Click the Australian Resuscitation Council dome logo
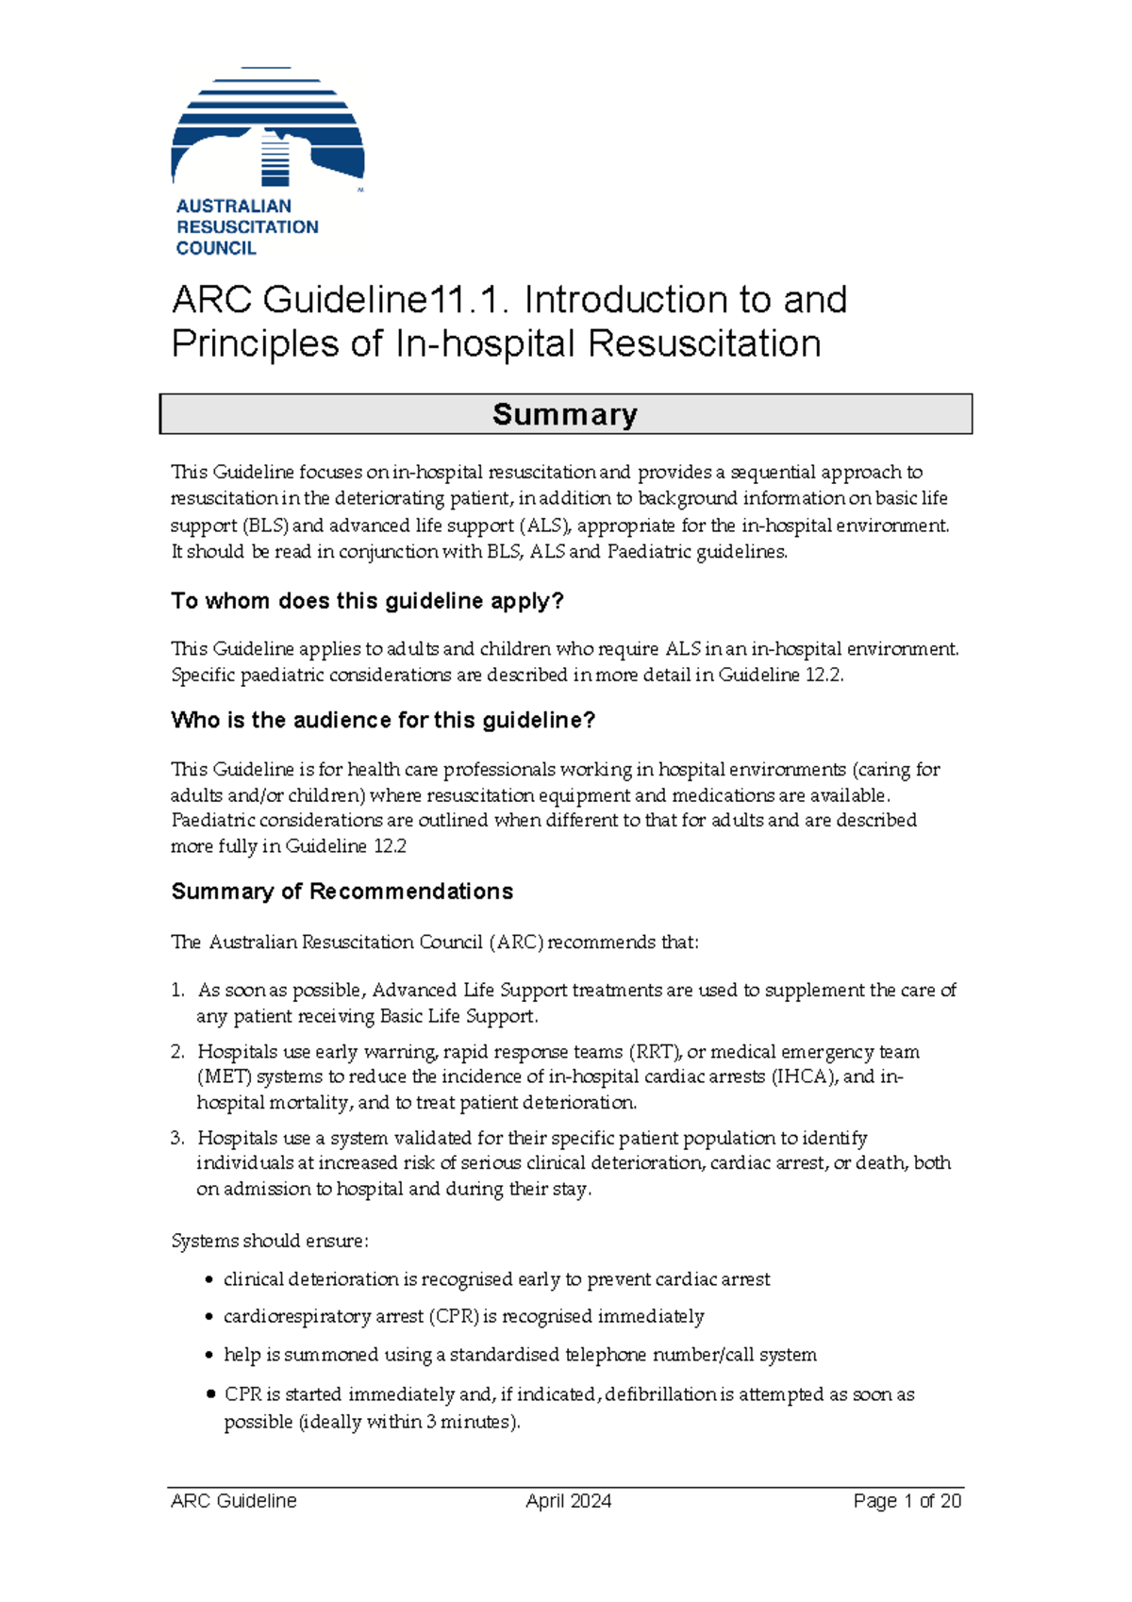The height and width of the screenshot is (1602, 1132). (x=268, y=127)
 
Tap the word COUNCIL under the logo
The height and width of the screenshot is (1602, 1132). (x=216, y=248)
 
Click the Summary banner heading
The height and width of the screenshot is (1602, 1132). (x=565, y=414)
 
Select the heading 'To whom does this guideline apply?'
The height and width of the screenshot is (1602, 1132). (x=367, y=601)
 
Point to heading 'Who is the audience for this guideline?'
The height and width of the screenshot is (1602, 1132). (x=383, y=720)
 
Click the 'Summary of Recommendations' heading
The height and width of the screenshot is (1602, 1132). (x=341, y=892)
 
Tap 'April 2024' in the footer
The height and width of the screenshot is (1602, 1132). (x=568, y=1501)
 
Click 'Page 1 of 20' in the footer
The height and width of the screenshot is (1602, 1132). (x=907, y=1501)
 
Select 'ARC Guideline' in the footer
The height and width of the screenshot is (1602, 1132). (x=234, y=1501)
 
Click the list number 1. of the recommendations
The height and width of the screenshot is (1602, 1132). (x=177, y=991)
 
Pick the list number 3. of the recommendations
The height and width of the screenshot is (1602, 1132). (x=177, y=1138)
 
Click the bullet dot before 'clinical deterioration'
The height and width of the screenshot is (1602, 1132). (x=210, y=1280)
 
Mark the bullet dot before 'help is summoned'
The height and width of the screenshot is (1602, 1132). (x=210, y=1356)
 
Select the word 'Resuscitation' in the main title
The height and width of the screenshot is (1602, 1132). (x=704, y=343)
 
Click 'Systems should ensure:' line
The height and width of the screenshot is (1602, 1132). (x=270, y=1241)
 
